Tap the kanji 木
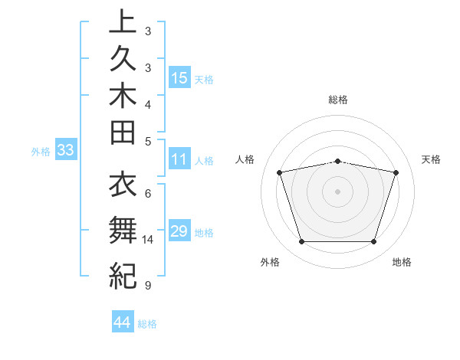tap(123, 97)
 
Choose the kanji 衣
tap(123, 186)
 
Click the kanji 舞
tap(123, 229)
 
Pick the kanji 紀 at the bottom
tap(123, 274)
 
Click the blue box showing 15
tap(179, 78)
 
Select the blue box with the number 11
tap(179, 160)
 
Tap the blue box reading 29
tap(179, 231)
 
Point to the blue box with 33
tap(66, 150)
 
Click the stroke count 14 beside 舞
tap(148, 240)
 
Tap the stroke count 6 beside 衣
tap(147, 193)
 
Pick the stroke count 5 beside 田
tap(147, 141)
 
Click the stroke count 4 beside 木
tap(147, 104)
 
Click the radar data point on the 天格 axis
tap(396, 172)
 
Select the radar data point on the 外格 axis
tap(301, 242)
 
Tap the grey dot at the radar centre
tap(338, 191)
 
